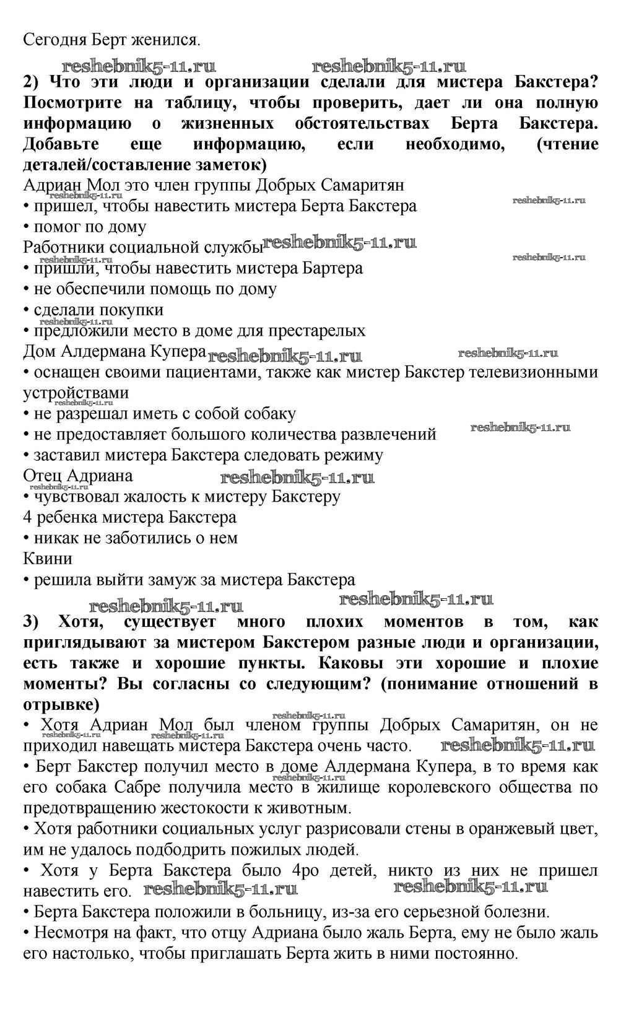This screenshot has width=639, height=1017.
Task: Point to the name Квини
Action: coord(48,559)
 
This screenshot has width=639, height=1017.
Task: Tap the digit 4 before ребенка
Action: coord(27,517)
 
